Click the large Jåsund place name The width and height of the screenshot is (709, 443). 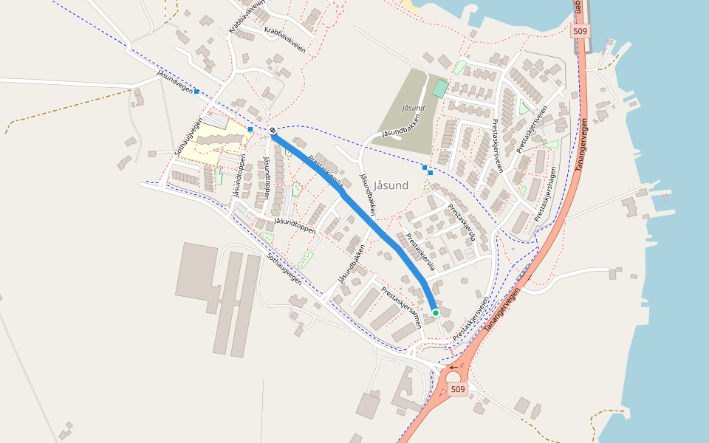coord(391,185)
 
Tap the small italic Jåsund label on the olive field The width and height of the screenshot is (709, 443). coord(413,108)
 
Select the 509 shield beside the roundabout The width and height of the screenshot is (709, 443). coord(458,389)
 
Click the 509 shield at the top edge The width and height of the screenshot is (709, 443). coord(580,32)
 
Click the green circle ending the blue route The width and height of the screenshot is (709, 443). coord(436,313)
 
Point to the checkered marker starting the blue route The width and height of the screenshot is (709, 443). coord(273,131)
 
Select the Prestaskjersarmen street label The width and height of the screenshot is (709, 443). coord(401,306)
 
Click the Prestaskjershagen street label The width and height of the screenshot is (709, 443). coord(545,193)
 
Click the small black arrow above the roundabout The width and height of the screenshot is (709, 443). coord(453,367)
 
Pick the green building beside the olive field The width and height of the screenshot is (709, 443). coord(440,89)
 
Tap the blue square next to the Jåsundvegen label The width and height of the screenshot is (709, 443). coord(197,91)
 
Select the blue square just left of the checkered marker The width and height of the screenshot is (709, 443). coord(250,129)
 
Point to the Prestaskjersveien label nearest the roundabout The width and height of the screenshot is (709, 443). coord(470,320)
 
